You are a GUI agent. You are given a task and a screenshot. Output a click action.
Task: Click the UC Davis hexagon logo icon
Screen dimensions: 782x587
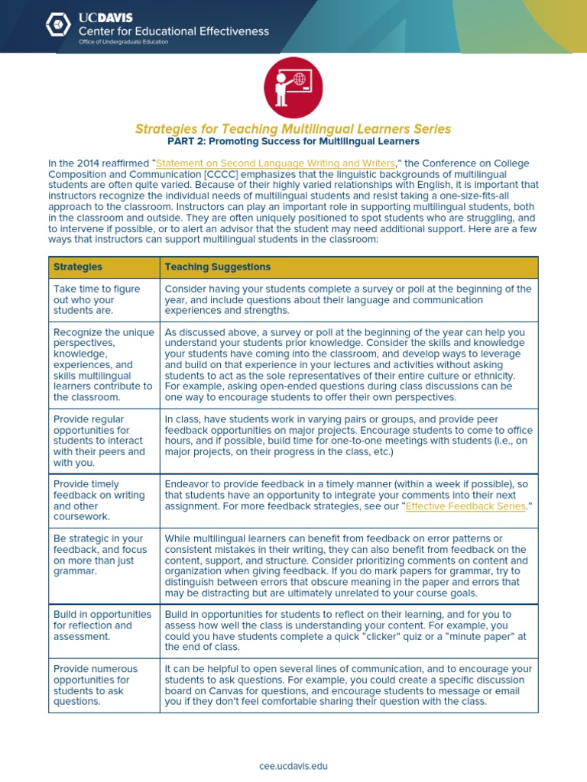(x=58, y=25)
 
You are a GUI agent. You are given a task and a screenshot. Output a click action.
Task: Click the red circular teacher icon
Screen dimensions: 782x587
(x=293, y=88)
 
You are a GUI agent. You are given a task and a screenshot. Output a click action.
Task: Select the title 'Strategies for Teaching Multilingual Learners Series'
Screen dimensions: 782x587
(x=293, y=129)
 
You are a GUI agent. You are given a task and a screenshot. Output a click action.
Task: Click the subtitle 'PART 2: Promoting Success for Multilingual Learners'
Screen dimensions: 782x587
(x=293, y=142)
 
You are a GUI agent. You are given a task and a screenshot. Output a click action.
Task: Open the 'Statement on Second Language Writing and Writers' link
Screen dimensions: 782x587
(x=275, y=163)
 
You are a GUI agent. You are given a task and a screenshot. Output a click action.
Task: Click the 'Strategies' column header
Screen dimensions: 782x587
(x=78, y=267)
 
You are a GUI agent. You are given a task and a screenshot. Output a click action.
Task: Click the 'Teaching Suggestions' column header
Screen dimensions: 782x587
(x=218, y=267)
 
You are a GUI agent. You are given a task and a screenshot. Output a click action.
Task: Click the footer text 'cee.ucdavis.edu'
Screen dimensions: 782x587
(x=293, y=765)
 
